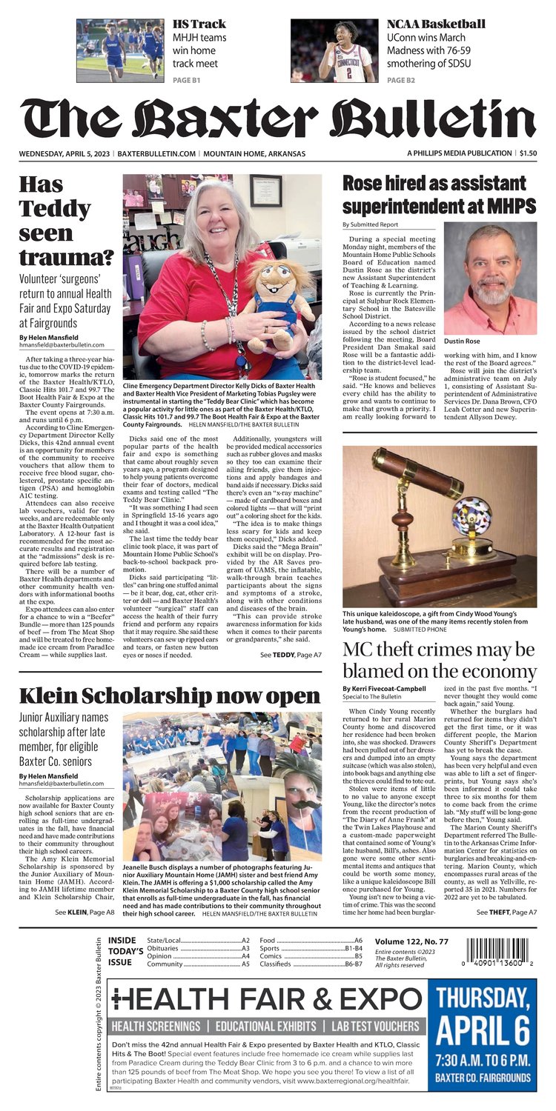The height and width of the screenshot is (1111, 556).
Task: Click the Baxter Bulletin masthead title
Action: point(277,118)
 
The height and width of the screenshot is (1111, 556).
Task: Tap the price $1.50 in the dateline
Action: point(528,153)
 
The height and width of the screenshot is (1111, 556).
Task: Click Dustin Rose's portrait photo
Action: point(490,278)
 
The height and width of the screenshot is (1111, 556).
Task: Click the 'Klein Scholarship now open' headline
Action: point(169,695)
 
